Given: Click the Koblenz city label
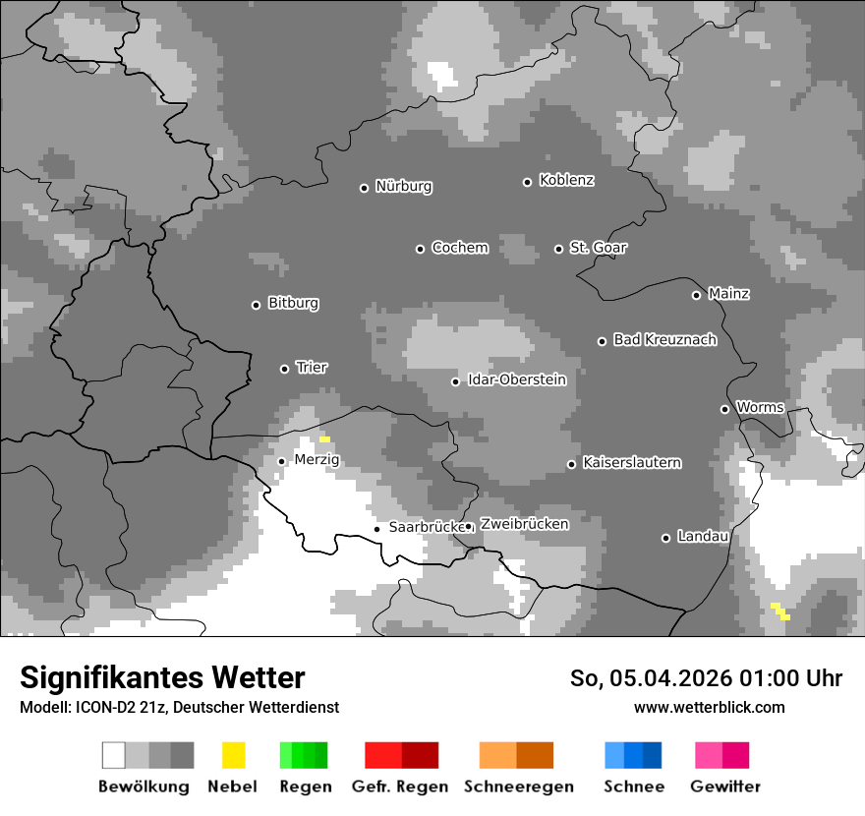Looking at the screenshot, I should pyautogui.click(x=566, y=181).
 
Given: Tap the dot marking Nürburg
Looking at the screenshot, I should pyautogui.click(x=364, y=188).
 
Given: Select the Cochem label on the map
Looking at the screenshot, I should pyautogui.click(x=460, y=248).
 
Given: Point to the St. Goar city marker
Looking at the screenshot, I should pyautogui.click(x=558, y=249).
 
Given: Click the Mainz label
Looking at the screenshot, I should pyautogui.click(x=728, y=294).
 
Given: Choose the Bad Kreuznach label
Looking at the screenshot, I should pyautogui.click(x=664, y=340).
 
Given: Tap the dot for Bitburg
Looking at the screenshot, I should pyautogui.click(x=256, y=305).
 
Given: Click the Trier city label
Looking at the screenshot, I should pyautogui.click(x=312, y=368).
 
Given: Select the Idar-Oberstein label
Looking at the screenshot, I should pyautogui.click(x=517, y=380).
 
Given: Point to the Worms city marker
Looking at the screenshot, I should pyautogui.click(x=724, y=409).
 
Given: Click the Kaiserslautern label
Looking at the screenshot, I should pyautogui.click(x=632, y=463).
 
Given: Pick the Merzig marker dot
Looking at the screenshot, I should pyautogui.click(x=281, y=461).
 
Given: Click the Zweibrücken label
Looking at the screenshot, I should pyautogui.click(x=524, y=524).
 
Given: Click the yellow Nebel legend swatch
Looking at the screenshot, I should pyautogui.click(x=233, y=755).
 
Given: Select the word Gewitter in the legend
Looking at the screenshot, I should pyautogui.click(x=725, y=787).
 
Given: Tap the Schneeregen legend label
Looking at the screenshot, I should pyautogui.click(x=519, y=787).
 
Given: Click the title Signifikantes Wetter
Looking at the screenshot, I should pyautogui.click(x=162, y=678).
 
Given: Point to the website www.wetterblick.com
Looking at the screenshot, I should pyautogui.click(x=710, y=707).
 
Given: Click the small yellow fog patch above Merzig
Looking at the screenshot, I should pyautogui.click(x=324, y=438).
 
